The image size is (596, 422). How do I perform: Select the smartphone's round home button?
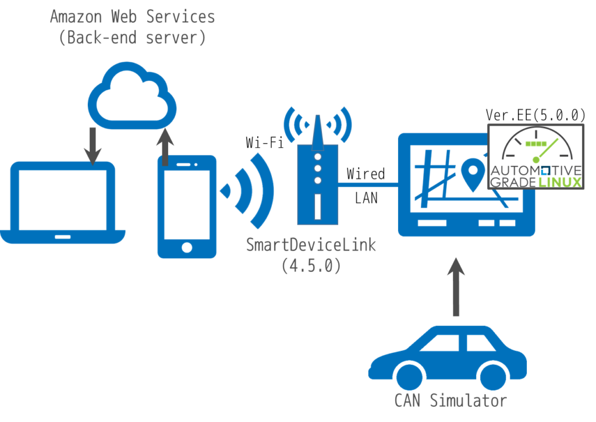[x=187, y=247]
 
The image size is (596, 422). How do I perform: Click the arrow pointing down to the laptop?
[x=93, y=146]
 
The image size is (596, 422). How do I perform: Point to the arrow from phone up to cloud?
[x=165, y=147]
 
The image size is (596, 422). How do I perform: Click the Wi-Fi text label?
[x=265, y=143]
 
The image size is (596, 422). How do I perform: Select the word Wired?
[x=366, y=173]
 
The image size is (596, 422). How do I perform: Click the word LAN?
[x=367, y=198]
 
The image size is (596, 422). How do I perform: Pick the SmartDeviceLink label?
[x=311, y=245]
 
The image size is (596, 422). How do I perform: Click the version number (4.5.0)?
[x=311, y=266]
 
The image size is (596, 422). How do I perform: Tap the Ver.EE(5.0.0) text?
[x=535, y=115]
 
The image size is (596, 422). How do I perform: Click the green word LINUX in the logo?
[x=560, y=183]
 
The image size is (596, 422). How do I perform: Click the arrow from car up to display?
[x=456, y=286]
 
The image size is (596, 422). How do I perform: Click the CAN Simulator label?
[x=451, y=400]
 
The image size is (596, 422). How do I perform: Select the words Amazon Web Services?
[x=133, y=17]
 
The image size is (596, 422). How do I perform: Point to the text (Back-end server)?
[x=133, y=38]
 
